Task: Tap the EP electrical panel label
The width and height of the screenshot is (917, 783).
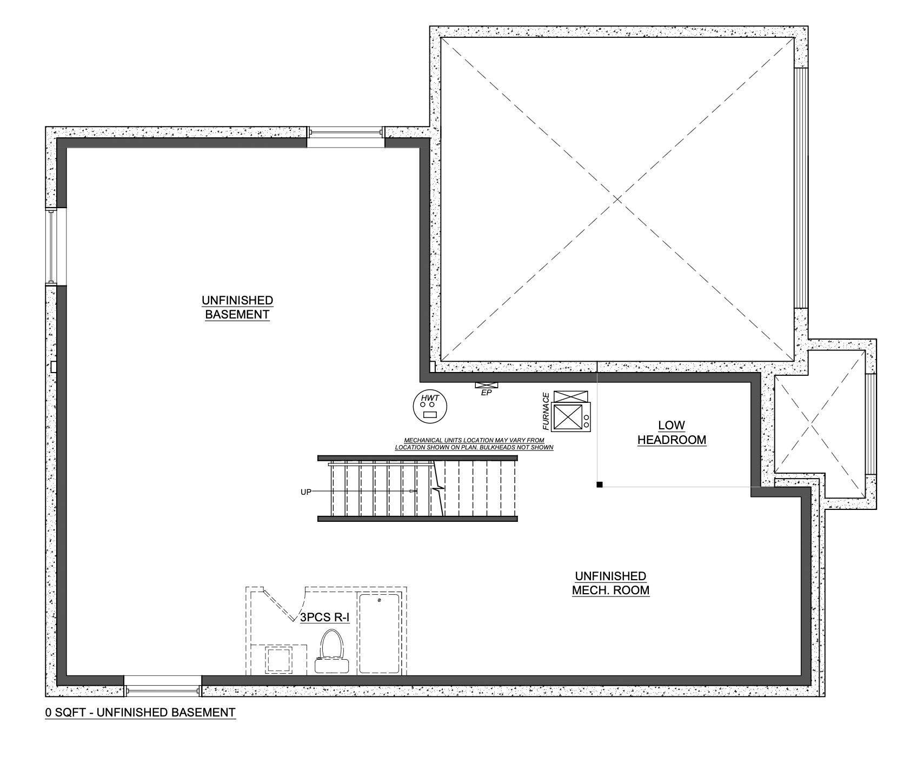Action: (x=486, y=393)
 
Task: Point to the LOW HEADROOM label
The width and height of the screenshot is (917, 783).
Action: (x=672, y=433)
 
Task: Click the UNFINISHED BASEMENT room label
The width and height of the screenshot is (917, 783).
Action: (x=237, y=307)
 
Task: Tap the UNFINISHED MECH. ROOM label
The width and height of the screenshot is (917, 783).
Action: (x=610, y=583)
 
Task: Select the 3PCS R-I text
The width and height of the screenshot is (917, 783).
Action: (x=324, y=617)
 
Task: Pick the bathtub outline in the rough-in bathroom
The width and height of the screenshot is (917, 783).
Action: (x=380, y=633)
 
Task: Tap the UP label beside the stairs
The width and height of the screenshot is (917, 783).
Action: (x=306, y=492)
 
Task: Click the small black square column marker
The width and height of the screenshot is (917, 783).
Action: (x=599, y=485)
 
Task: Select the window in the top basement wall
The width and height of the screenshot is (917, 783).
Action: (x=345, y=136)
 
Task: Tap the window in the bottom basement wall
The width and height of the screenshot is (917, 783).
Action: (x=162, y=686)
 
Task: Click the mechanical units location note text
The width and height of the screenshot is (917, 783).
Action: (x=474, y=444)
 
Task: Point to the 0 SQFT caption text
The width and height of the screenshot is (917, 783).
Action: (x=141, y=712)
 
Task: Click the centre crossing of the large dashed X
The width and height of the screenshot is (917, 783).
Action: (x=617, y=199)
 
